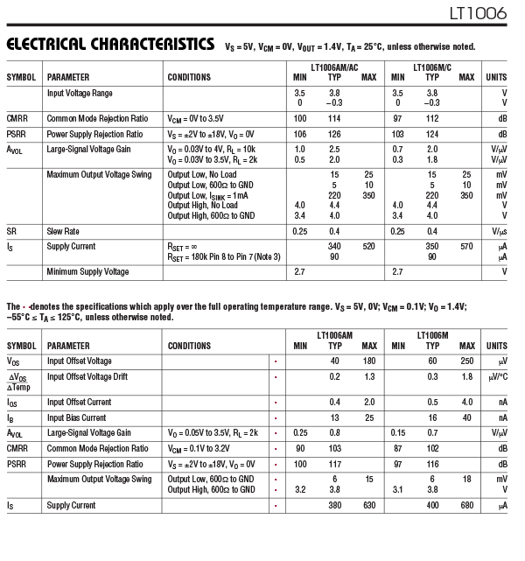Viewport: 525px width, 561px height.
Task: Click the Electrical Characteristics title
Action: [x=110, y=44]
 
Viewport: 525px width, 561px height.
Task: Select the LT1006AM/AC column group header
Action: [x=334, y=67]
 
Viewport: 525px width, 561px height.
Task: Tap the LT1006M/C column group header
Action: [x=432, y=67]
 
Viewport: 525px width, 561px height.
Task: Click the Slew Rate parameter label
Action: [x=63, y=231]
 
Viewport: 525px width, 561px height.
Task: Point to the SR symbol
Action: [x=12, y=231]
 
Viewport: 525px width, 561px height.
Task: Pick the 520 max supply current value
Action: [x=368, y=246]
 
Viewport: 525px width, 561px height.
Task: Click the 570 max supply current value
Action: [x=466, y=246]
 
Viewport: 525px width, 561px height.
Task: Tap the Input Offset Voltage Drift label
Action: [x=92, y=376]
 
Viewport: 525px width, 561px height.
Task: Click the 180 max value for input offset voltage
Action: [x=368, y=361]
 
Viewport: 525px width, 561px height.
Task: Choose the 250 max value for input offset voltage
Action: [x=466, y=361]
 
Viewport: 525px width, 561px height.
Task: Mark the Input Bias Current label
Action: [x=76, y=417]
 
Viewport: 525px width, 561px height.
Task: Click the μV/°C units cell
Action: [x=496, y=377]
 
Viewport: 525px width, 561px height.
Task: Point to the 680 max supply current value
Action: [x=466, y=505]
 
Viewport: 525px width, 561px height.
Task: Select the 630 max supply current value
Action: [x=368, y=505]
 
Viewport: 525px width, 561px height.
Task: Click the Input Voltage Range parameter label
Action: [x=80, y=93]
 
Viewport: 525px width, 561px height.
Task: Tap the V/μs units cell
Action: [x=500, y=231]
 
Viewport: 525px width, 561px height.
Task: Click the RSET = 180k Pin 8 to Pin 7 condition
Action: [x=224, y=256]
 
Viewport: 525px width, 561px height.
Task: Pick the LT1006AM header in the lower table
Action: [x=334, y=335]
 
